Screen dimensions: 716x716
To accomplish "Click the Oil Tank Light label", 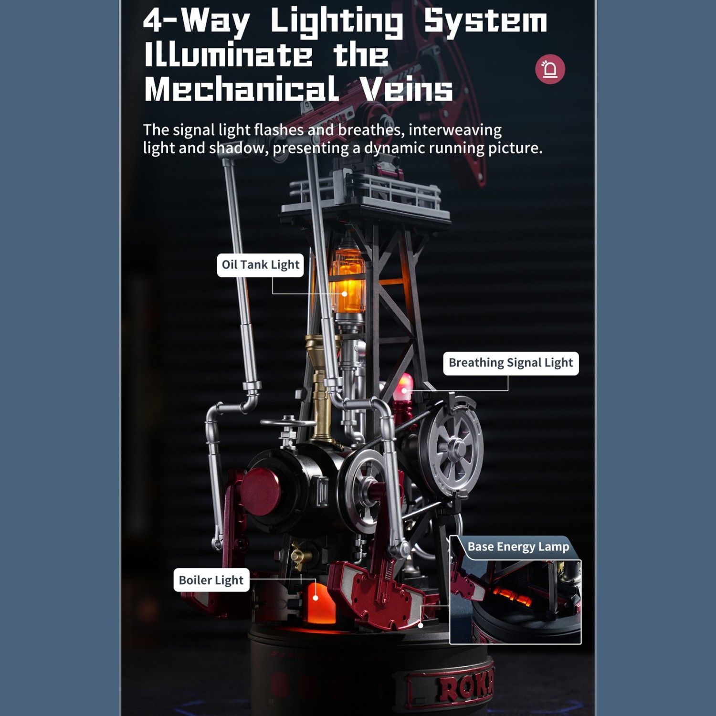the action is click(261, 265).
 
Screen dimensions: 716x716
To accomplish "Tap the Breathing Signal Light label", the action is click(511, 363).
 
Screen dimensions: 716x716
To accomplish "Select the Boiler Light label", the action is click(211, 580).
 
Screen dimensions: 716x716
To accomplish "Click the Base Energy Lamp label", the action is click(518, 547).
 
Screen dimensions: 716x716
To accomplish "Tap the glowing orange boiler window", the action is click(316, 599).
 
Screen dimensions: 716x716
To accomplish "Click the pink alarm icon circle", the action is click(550, 69).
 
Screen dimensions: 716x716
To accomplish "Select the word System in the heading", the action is click(485, 21).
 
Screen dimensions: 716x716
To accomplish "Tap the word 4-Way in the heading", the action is click(196, 21).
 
